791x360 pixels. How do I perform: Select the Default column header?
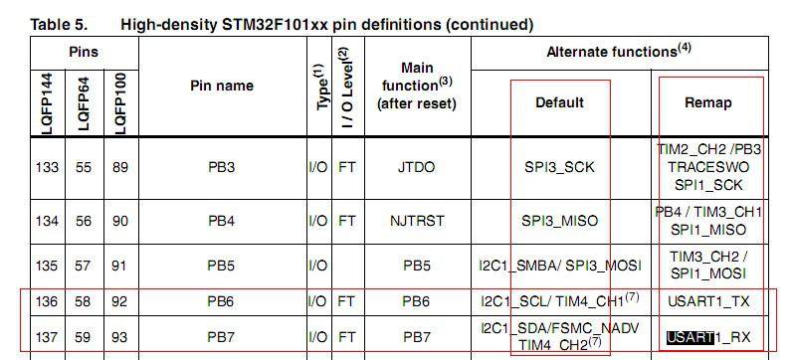tap(559, 101)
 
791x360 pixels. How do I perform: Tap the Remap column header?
tap(708, 101)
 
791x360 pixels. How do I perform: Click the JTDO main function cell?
tap(418, 167)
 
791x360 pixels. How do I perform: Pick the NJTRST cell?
tap(418, 221)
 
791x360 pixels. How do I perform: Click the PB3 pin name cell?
tap(220, 167)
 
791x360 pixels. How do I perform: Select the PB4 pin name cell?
tap(220, 221)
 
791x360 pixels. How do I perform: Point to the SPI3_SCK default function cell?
tap(559, 167)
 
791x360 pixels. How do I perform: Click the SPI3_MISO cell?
tap(559, 221)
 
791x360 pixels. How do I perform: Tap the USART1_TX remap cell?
tap(708, 300)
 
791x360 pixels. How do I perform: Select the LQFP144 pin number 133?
tap(47, 167)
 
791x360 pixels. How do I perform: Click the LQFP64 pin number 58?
tap(84, 300)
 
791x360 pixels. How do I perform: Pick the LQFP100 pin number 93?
tap(119, 337)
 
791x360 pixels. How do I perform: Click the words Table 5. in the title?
tap(62, 24)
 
